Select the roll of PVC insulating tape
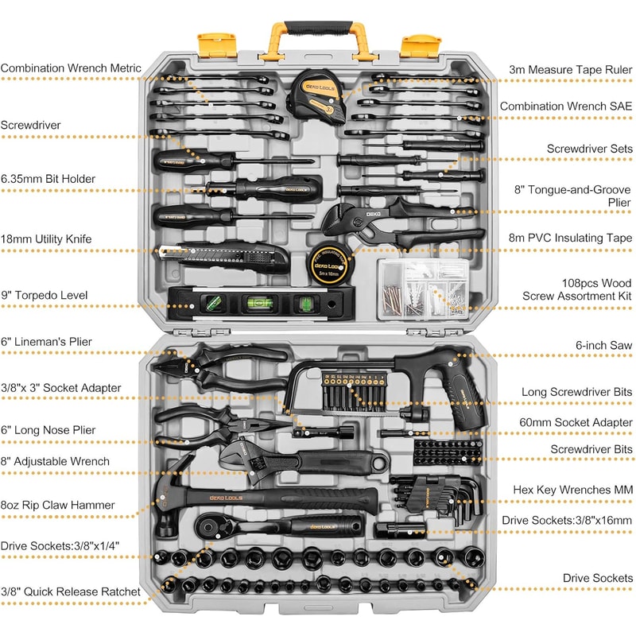328,263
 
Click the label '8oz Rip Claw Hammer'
57,505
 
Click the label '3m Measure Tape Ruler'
571,70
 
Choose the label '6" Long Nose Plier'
48,430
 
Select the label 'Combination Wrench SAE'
566,106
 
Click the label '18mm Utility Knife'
46,238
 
